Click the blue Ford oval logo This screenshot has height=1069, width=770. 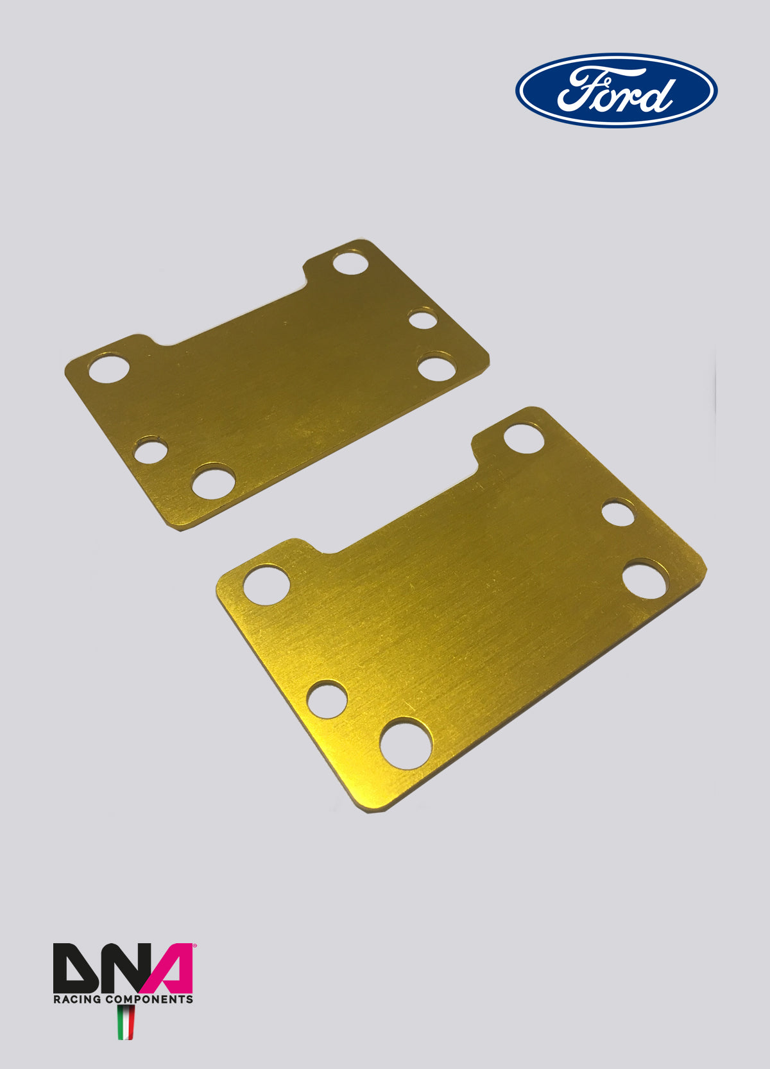point(617,90)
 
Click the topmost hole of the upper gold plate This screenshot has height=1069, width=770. point(350,263)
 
